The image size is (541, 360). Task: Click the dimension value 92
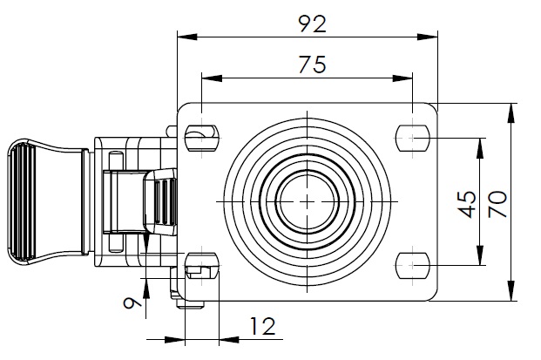coord(312,24)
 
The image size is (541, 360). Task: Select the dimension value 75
coord(312,65)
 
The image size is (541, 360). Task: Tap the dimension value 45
coord(468,204)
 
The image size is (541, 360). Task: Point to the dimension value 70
coord(497,204)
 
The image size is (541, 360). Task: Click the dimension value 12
coord(262,326)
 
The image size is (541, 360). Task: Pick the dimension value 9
coord(132,303)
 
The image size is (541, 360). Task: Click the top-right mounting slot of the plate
coord(413,138)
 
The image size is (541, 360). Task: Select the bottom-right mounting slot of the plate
coord(413,266)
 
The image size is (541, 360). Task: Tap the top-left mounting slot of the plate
coord(202,138)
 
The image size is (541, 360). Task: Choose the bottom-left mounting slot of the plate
coord(202,266)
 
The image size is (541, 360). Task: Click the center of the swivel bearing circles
coord(307,201)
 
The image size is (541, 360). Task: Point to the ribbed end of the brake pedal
coord(22,201)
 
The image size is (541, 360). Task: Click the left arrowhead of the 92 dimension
coord(187,37)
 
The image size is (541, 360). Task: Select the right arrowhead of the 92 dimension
coord(428,37)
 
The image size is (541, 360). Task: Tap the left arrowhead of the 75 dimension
coord(212,78)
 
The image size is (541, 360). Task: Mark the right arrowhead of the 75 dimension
coord(402,78)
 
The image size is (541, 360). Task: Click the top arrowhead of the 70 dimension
coord(511,112)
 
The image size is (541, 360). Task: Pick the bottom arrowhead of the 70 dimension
coord(511,291)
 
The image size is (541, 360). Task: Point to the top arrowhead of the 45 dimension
coord(480,148)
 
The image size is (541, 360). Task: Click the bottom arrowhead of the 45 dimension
coord(480,255)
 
